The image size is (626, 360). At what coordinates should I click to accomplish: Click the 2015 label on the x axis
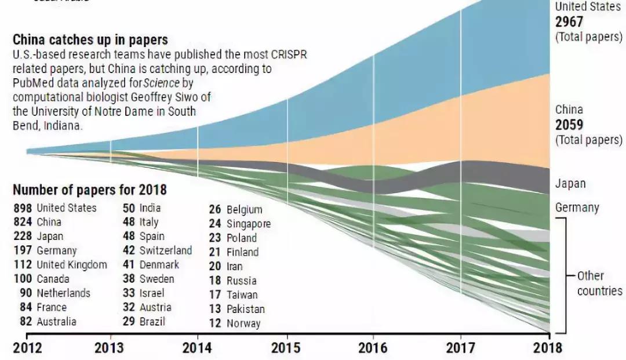point(286,348)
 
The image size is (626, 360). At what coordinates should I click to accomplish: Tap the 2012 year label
point(27,348)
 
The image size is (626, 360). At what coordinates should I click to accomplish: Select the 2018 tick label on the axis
point(547,348)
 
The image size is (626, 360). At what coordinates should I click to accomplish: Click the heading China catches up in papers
point(90,40)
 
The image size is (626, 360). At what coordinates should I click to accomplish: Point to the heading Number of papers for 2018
point(90,190)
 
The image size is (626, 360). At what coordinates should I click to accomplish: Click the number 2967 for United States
point(570,22)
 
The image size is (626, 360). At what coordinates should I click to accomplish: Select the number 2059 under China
point(570,125)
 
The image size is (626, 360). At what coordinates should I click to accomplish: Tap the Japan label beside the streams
point(570,184)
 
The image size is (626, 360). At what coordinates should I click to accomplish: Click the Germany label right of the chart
point(577,207)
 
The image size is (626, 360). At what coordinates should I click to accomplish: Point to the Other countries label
point(599,283)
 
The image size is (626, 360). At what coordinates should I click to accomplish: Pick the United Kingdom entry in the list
point(72,264)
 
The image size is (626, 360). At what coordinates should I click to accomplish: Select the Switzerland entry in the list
point(165,250)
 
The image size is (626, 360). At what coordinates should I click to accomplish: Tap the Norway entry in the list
point(243,323)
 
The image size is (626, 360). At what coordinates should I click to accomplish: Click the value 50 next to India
point(129,208)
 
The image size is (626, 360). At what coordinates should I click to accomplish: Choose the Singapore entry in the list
point(248,223)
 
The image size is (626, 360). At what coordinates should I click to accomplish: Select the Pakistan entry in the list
point(245,309)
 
